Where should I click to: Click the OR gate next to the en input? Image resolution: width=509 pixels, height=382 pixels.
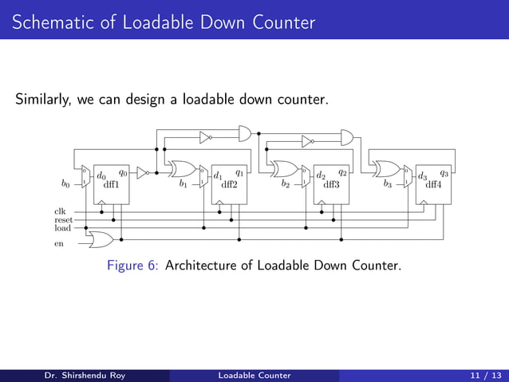(x=101, y=238)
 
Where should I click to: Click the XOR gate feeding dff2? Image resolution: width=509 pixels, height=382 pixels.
(x=183, y=169)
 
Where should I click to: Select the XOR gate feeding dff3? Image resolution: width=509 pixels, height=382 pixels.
(x=284, y=169)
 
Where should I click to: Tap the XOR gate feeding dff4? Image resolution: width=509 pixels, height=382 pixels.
(x=387, y=169)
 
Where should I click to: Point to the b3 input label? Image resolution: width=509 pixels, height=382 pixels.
(x=388, y=183)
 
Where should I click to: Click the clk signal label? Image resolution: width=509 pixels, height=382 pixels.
(x=60, y=211)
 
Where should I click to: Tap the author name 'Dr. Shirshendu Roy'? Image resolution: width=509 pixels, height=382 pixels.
(x=78, y=375)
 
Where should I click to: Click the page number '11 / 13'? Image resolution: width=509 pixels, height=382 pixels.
(x=484, y=375)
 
